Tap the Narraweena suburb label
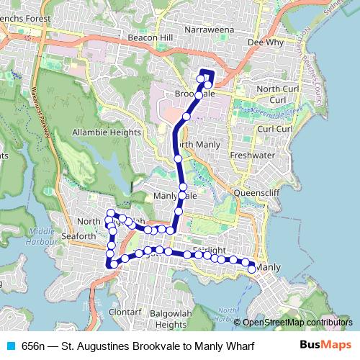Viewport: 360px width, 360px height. pyautogui.click(x=210, y=30)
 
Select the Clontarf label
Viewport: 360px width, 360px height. pyautogui.click(x=125, y=312)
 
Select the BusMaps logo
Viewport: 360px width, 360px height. pyautogui.click(x=325, y=345)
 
